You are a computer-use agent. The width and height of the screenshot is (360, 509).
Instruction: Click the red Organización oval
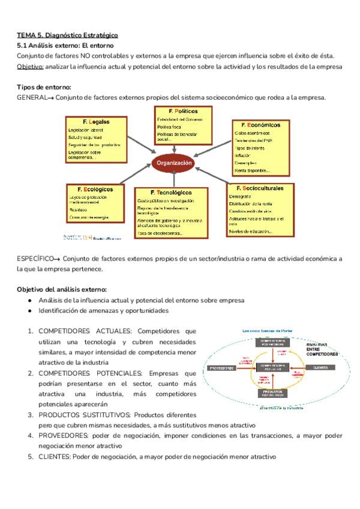174,163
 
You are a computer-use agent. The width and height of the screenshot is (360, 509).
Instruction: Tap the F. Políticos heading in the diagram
183,111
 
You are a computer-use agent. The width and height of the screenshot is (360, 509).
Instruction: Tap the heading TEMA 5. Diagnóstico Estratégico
67,35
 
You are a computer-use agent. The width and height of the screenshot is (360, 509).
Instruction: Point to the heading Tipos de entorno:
44,87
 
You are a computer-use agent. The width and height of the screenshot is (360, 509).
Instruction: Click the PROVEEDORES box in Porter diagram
221,367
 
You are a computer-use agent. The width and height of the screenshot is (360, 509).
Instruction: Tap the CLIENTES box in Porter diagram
323,367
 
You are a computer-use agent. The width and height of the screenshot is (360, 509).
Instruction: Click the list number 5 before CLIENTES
30,457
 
